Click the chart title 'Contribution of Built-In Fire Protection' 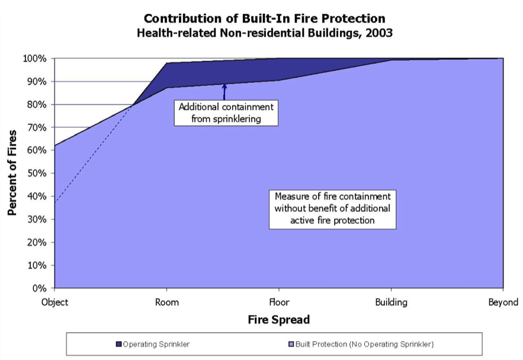(264, 18)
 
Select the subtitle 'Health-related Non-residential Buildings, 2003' (264, 33)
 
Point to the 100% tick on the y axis (36, 59)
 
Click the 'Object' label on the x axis (54, 303)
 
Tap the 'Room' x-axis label (166, 303)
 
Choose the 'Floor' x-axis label (279, 303)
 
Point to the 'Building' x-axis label (391, 303)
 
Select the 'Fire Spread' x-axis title (278, 320)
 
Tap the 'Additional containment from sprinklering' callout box (226, 112)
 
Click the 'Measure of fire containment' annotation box (332, 208)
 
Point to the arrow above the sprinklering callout (224, 92)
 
